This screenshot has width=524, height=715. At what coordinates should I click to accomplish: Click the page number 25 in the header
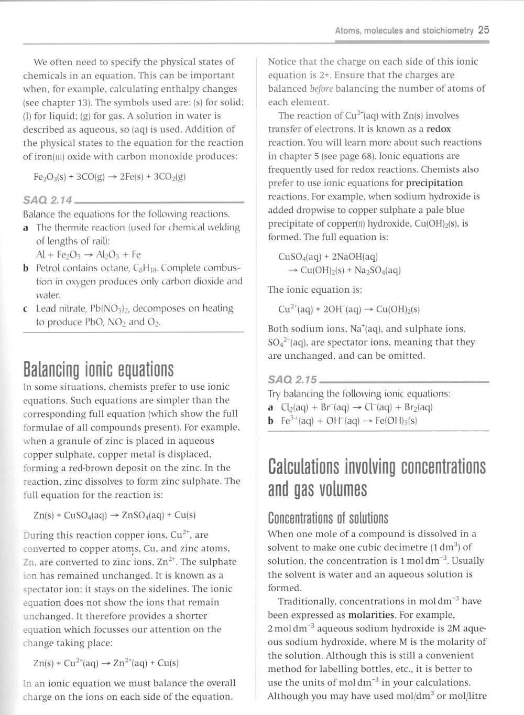(x=483, y=30)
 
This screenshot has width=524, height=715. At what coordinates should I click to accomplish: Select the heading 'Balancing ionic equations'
(x=98, y=369)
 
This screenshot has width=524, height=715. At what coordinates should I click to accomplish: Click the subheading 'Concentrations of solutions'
(x=328, y=518)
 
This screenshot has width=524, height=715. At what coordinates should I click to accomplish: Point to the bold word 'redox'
(x=439, y=129)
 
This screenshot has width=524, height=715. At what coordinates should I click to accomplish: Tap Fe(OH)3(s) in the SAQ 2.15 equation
(x=396, y=421)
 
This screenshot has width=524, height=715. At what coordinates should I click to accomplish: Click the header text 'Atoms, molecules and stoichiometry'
(x=404, y=30)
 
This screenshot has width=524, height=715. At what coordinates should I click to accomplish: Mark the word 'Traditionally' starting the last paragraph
(x=308, y=601)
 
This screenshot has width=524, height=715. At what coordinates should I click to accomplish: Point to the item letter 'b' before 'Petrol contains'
(x=26, y=268)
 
